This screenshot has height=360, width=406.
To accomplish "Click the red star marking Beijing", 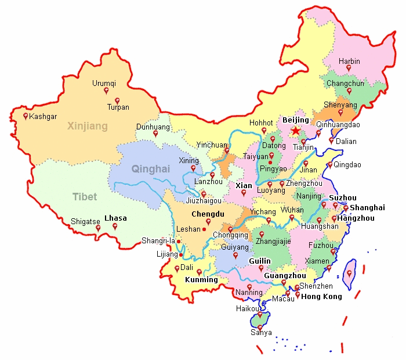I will click(x=296, y=131).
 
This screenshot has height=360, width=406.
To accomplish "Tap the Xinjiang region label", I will click(x=88, y=126).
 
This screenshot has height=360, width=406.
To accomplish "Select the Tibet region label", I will click(x=85, y=197).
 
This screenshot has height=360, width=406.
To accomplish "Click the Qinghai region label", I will click(x=151, y=169).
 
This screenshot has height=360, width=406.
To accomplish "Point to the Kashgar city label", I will click(x=43, y=116).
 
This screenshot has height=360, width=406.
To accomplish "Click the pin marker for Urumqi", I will click(x=106, y=91).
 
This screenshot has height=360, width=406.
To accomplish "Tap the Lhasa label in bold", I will click(x=115, y=218).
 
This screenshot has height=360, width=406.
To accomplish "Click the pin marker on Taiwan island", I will click(x=349, y=273).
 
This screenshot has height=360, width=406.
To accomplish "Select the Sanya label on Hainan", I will click(x=261, y=333).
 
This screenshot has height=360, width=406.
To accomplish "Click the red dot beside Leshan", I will click(x=204, y=229).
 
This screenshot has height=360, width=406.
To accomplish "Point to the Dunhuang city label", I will click(x=153, y=127).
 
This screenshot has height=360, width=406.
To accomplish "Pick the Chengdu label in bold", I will click(x=208, y=214).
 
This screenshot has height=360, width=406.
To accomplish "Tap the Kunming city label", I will click(x=201, y=279).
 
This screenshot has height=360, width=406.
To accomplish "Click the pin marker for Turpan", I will click(x=117, y=100).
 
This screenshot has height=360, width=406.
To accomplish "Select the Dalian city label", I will click(x=346, y=141).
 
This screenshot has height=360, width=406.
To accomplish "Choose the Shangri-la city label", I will click(x=158, y=241).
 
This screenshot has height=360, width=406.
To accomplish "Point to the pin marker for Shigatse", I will click(x=98, y=228).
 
